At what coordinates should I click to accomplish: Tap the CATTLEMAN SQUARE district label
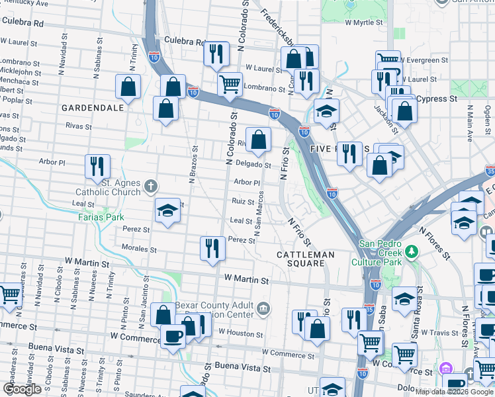[302, 259]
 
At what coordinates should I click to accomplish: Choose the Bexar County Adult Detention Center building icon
[263, 307]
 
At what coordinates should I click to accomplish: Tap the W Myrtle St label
[365, 22]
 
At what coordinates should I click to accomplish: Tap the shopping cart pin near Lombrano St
[230, 84]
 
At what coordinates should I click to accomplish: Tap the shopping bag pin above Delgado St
[259, 138]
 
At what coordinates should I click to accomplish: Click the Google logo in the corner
[22, 389]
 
